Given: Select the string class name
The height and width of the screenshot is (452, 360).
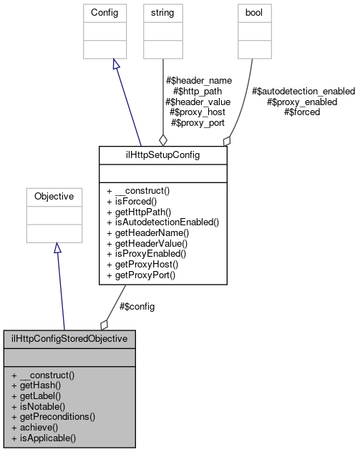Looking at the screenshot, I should pyautogui.click(x=159, y=14).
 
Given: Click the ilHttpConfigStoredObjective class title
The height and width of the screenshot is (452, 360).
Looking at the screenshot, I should pyautogui.click(x=69, y=338).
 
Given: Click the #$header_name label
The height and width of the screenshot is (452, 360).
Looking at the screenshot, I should pyautogui.click(x=198, y=81).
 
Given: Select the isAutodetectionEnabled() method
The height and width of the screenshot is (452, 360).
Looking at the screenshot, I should pyautogui.click(x=162, y=222).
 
